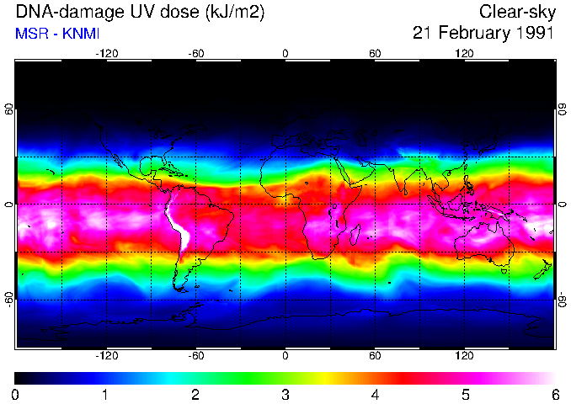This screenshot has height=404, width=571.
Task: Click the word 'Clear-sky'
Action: [x=516, y=13]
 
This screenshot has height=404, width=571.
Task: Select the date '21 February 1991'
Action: [x=483, y=34]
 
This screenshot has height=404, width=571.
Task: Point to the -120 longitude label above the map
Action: [x=106, y=54]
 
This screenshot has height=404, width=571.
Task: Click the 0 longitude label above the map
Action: [x=285, y=54]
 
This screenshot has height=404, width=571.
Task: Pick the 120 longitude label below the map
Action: [x=464, y=356]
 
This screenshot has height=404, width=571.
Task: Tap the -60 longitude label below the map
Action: [x=195, y=356]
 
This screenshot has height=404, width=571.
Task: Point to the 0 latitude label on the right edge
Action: [x=562, y=205]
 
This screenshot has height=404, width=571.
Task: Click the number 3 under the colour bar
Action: [x=285, y=394]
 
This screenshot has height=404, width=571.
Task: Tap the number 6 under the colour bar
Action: [x=554, y=394]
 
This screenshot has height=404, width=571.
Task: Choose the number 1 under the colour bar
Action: [x=105, y=394]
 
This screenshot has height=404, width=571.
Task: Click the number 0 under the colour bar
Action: [x=16, y=394]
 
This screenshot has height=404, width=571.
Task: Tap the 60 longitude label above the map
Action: [x=375, y=54]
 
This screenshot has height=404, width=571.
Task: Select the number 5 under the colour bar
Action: [x=464, y=394]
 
